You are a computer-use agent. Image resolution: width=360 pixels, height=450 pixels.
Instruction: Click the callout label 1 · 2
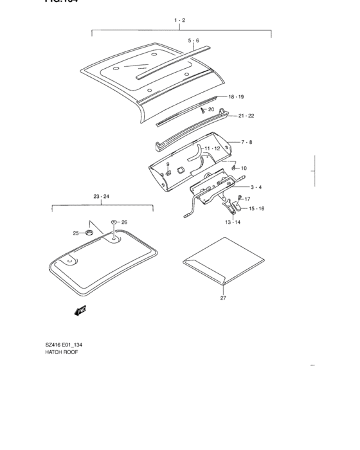pos(179,21)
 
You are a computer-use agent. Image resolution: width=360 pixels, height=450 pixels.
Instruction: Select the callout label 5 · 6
pos(194,40)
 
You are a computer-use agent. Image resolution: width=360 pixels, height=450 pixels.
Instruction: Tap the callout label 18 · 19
pos(236,96)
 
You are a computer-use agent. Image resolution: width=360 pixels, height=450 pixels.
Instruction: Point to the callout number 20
pos(211,110)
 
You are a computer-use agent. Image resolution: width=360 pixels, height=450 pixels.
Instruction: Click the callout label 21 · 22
pos(246,116)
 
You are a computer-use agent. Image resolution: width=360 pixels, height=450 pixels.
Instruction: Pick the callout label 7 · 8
pos(247,141)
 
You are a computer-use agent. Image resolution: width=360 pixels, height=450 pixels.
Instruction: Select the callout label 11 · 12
pos(212,148)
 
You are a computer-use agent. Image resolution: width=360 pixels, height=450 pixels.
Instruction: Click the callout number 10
pos(244,168)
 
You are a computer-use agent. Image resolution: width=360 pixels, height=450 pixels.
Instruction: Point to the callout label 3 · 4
pos(255,187)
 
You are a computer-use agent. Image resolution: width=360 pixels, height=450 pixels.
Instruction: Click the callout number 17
pos(248,199)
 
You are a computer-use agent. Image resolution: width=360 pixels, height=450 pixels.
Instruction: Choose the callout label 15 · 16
pos(256,209)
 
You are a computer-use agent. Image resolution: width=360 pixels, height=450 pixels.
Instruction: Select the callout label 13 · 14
pos(232,222)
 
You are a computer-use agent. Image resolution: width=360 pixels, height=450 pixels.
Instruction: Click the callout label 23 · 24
pos(101,196)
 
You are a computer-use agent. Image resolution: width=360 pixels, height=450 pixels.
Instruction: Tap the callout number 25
pos(75,233)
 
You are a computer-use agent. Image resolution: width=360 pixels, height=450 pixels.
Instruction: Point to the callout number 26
pos(124,222)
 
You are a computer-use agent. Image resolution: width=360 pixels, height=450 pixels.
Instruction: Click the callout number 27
pos(224,298)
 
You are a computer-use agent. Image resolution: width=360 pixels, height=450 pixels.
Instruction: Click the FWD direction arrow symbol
pos(80,311)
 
